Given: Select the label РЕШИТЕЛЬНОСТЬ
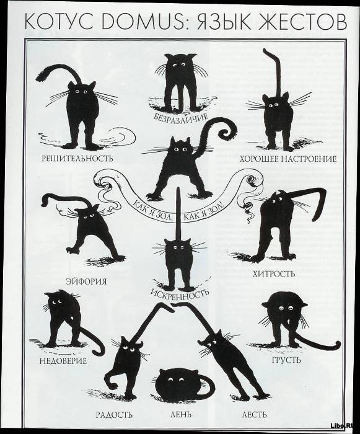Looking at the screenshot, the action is click(x=77, y=159).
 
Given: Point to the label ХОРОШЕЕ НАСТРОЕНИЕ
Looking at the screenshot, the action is click(x=288, y=159).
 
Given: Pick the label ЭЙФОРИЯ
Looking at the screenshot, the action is click(x=86, y=281).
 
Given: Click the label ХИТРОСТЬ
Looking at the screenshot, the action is click(x=274, y=274).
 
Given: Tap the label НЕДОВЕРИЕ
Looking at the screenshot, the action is click(x=63, y=361).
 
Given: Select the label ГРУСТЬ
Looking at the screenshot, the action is click(x=286, y=360).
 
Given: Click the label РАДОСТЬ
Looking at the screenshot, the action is click(x=114, y=415).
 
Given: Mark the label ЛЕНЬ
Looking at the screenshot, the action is click(x=180, y=415).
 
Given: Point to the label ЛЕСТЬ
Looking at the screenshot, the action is click(x=254, y=415).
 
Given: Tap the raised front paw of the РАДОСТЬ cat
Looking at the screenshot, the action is click(x=113, y=383).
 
